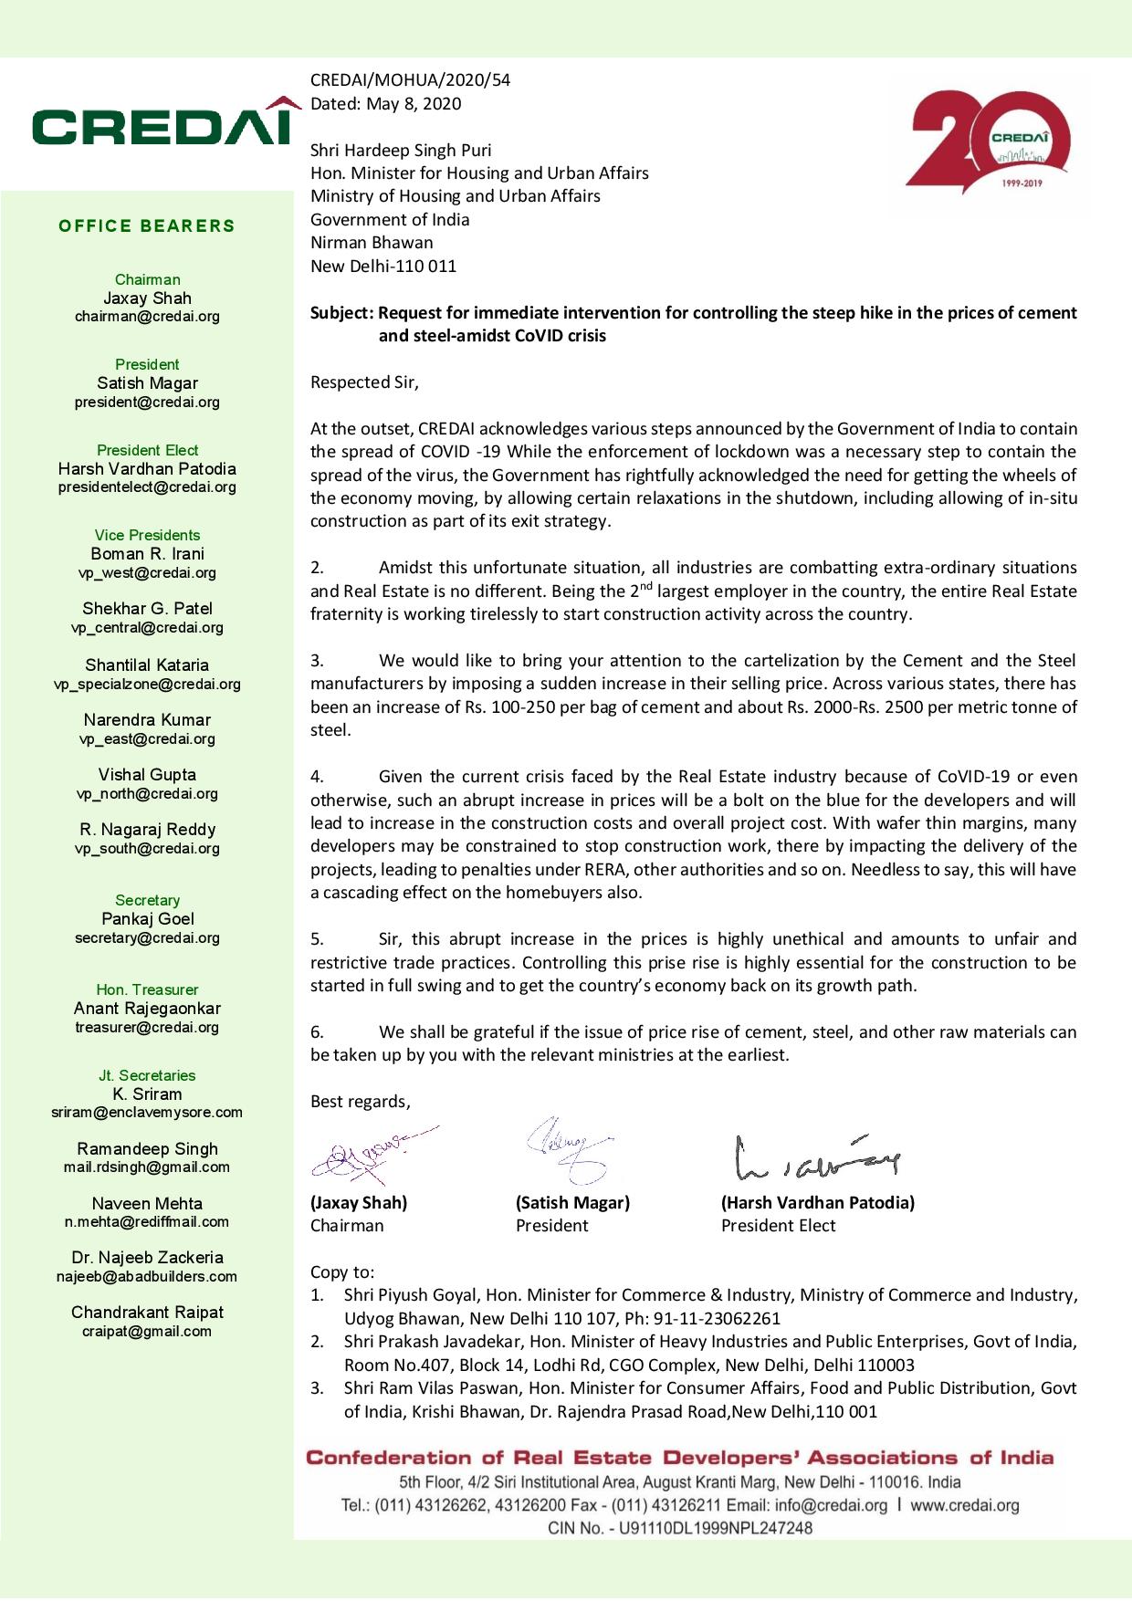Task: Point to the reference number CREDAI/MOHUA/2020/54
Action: pyautogui.click(x=410, y=80)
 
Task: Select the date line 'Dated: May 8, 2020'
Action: pyautogui.click(x=385, y=104)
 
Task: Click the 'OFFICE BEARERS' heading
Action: pyautogui.click(x=147, y=226)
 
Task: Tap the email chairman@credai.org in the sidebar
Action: pyautogui.click(x=147, y=317)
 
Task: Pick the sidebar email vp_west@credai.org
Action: pyautogui.click(x=147, y=573)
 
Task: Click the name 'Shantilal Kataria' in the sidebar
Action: pyautogui.click(x=147, y=665)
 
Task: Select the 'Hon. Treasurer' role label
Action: pyautogui.click(x=147, y=989)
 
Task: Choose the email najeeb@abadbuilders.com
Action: pyautogui.click(x=147, y=1277)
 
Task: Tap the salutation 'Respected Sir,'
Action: pyautogui.click(x=364, y=382)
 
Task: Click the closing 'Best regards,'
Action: pyautogui.click(x=360, y=1102)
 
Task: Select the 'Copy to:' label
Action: pyautogui.click(x=342, y=1271)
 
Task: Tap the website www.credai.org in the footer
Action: pyautogui.click(x=964, y=1505)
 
